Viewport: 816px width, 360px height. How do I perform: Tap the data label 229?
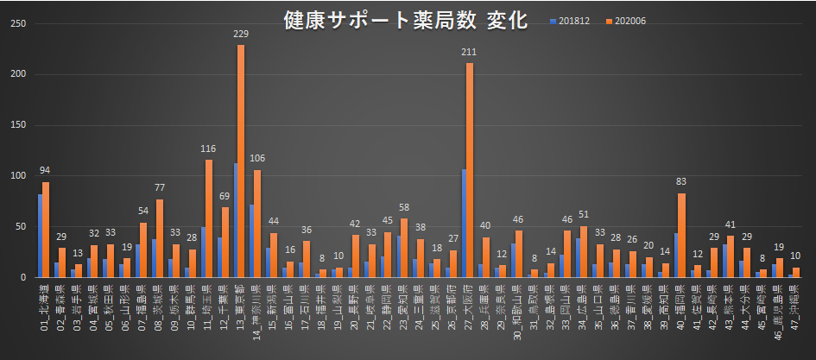241,34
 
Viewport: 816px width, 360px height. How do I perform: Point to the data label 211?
469,52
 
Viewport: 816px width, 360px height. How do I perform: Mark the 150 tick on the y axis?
16,125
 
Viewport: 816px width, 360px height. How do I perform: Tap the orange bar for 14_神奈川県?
257,224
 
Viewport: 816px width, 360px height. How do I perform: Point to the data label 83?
681,182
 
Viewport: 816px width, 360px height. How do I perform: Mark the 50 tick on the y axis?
19,227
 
